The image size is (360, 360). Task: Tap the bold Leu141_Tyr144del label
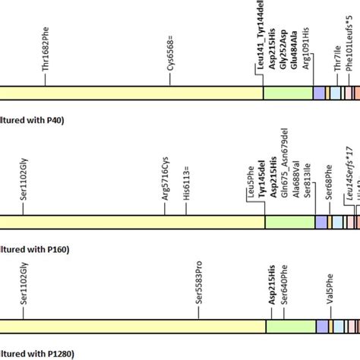coord(259,38)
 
